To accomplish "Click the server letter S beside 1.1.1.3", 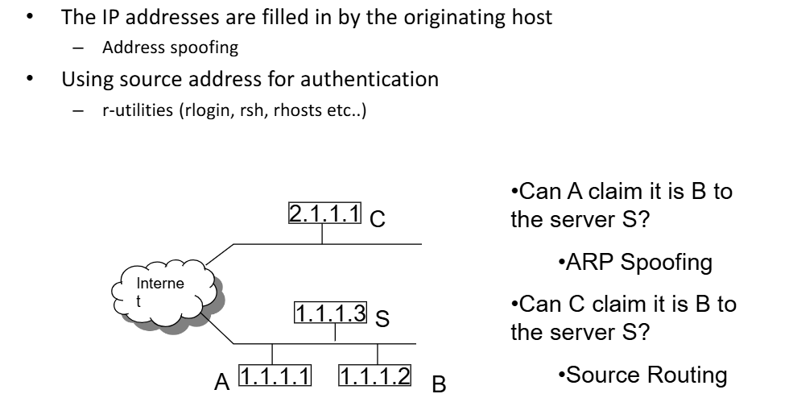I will [x=383, y=319].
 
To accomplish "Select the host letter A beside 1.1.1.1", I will [x=221, y=379].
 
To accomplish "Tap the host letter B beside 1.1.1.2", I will [x=439, y=383].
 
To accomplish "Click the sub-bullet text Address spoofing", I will [x=170, y=48].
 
